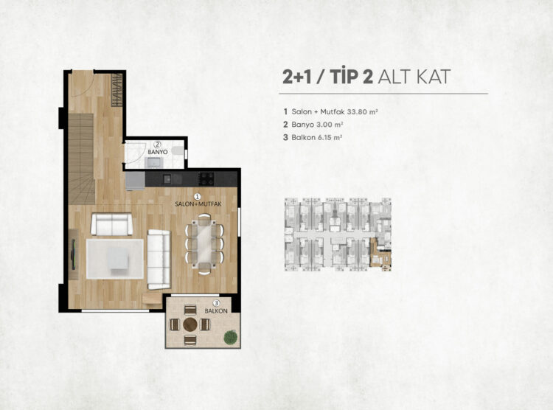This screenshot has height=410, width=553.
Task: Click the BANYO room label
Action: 158,152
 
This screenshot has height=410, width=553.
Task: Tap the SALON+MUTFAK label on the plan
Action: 198,204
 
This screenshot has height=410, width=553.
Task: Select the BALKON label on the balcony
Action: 216,311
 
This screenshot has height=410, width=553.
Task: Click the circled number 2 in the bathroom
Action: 158,144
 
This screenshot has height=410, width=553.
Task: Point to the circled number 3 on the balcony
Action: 217,303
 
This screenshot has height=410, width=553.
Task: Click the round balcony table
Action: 190,324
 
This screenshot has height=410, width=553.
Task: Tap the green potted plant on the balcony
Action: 231,336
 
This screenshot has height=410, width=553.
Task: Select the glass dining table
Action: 204,243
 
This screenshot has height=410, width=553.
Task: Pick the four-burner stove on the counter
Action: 206,178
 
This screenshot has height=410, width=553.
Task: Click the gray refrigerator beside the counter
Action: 135,181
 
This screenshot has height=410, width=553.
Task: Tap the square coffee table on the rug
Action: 118,259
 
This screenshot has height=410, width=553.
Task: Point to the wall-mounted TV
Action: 73,254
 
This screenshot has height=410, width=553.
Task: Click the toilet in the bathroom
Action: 180,151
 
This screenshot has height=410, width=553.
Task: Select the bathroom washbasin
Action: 154,163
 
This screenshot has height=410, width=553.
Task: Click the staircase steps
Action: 81,159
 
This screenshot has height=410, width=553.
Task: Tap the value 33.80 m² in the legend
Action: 362,112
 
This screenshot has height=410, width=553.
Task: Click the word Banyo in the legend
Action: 302,125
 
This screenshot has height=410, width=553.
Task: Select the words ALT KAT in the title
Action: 414,77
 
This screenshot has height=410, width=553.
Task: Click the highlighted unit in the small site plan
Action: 380,252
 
